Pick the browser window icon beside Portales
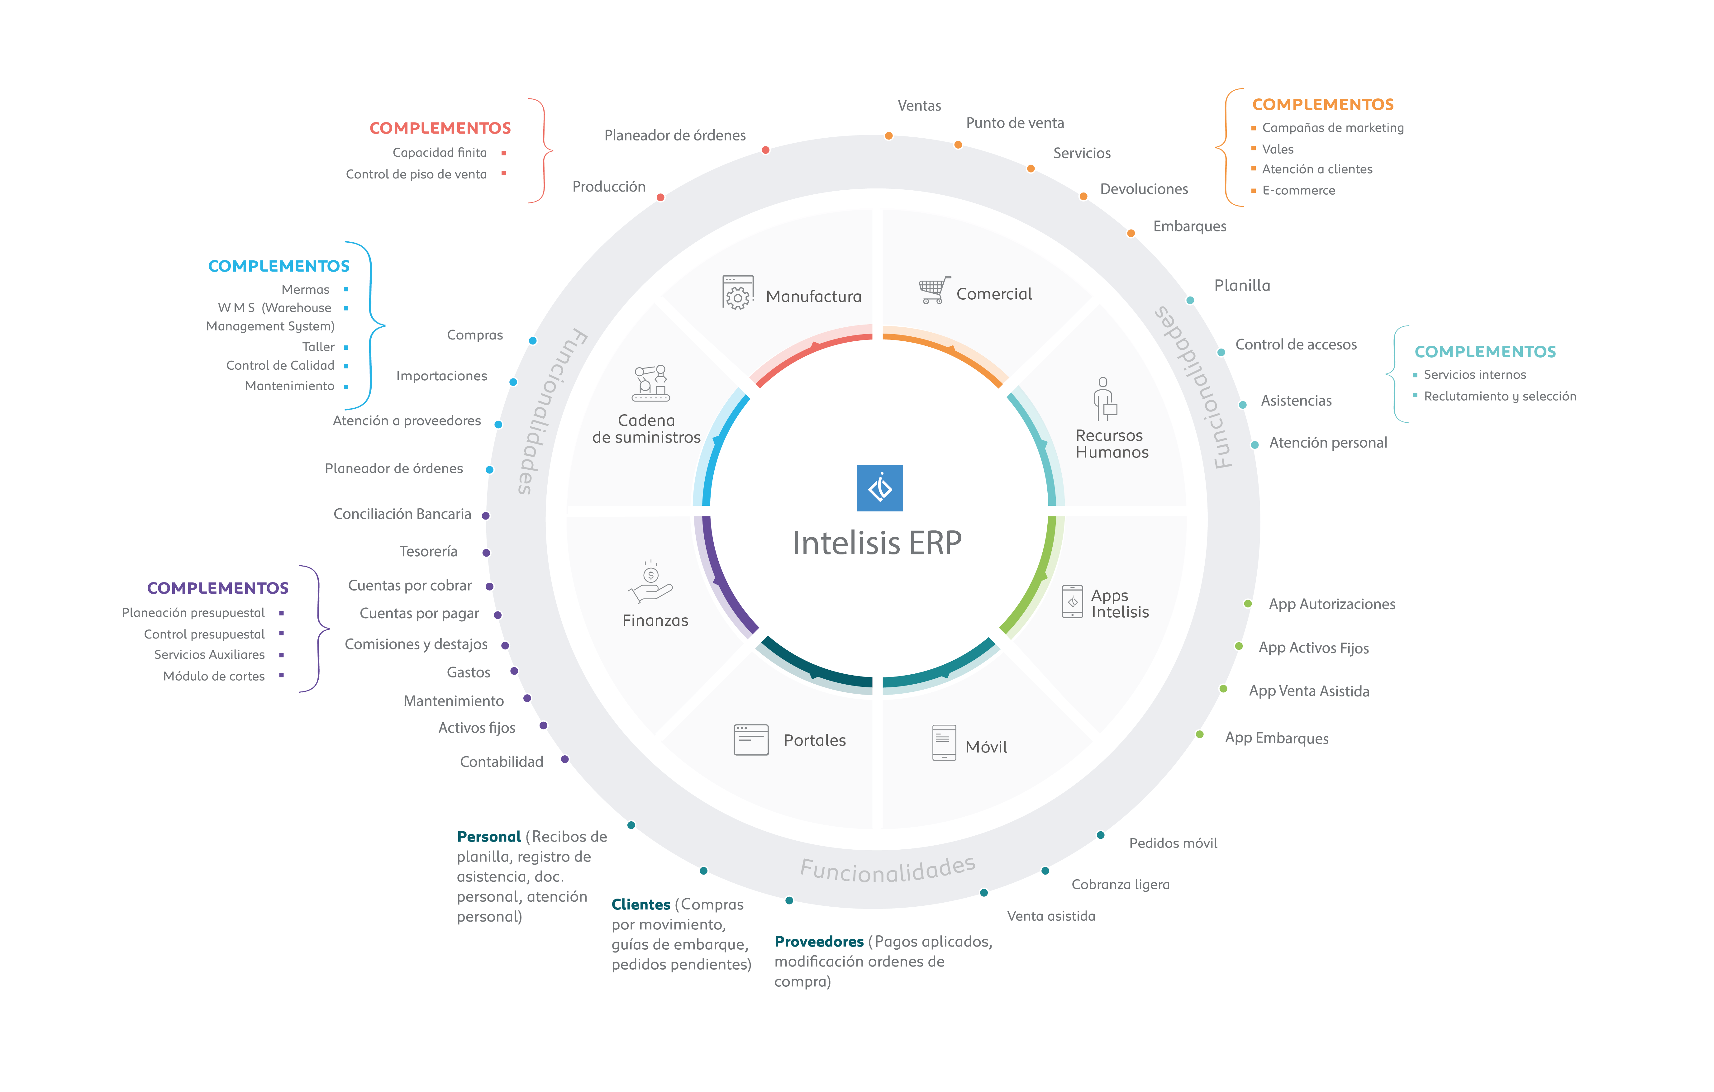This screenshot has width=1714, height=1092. point(751,740)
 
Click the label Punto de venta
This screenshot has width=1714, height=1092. point(1015,123)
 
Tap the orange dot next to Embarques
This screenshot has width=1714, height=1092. point(1130,234)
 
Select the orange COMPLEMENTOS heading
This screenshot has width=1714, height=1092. point(1322,105)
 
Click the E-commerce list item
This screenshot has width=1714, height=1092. point(1298,191)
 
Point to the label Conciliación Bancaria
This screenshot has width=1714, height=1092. point(402,514)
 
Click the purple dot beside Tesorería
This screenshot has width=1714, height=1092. point(486,553)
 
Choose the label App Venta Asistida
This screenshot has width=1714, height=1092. point(1309,691)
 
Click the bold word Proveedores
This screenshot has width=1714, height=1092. point(819,942)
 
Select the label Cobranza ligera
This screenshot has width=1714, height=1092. point(1120,885)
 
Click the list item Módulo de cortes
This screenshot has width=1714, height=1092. point(213,676)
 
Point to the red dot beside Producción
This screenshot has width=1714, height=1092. point(660,197)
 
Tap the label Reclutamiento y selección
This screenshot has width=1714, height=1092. point(1500,396)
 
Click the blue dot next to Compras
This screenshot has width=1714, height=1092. point(532,341)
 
